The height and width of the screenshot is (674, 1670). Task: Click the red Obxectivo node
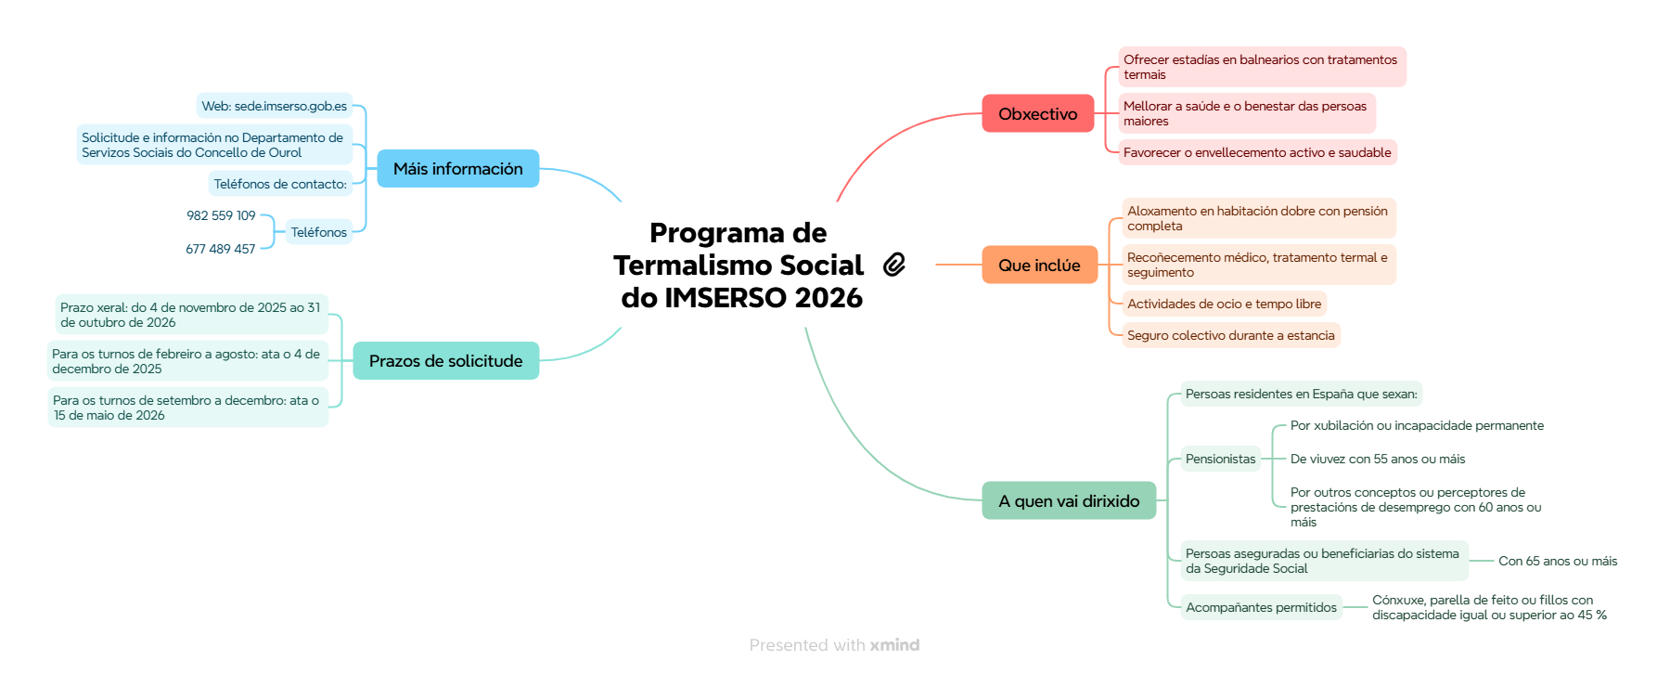1037,114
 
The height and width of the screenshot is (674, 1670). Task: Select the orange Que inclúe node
1039,266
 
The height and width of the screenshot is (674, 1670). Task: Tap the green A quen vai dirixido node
1069,501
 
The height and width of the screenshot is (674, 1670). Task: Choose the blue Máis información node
457,169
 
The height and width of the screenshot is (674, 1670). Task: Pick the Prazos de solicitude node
445,361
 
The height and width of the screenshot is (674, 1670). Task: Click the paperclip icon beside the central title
894,265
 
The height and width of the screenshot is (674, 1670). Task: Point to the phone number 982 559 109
221,216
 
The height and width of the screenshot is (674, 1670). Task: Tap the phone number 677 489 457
220,250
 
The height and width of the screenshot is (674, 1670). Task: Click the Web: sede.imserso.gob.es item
274,107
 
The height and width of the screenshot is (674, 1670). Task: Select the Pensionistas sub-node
1220,460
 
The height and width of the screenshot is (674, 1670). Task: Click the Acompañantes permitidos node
1261,608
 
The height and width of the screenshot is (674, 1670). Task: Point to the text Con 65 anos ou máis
1558,562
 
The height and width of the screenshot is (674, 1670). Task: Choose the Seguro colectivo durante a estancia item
1230,336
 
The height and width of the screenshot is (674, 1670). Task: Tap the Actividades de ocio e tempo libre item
1224,305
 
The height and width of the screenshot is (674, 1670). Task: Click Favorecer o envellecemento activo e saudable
1257,153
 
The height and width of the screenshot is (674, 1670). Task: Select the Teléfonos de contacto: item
280,185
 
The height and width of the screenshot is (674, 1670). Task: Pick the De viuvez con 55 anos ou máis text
1378,460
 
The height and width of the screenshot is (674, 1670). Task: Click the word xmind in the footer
894,645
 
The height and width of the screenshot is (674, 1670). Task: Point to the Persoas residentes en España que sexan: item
1301,395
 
